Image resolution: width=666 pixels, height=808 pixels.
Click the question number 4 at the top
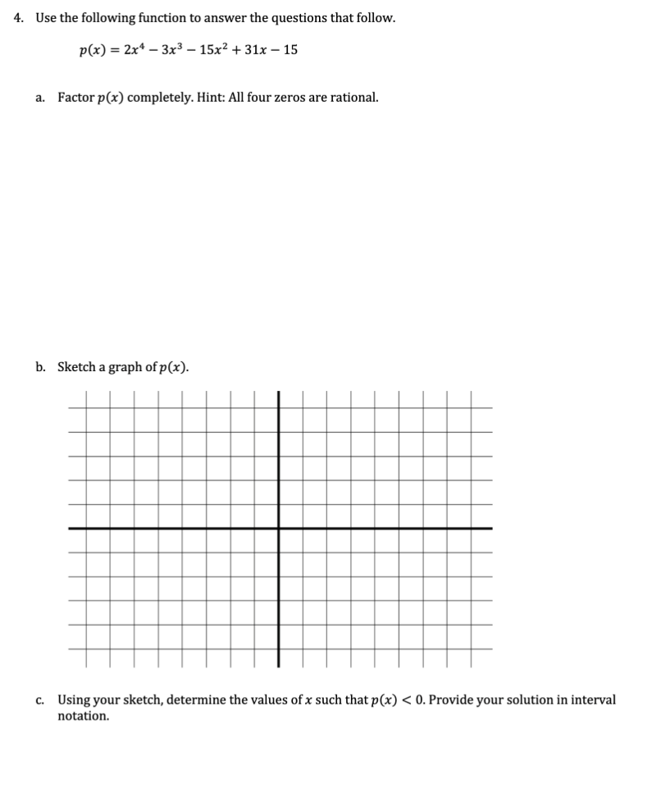tap(20, 18)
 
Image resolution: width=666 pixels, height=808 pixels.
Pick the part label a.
tap(40, 98)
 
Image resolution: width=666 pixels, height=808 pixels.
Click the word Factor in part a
tap(75, 98)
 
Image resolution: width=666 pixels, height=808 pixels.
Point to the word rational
tap(353, 98)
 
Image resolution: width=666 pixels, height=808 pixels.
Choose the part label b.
tap(40, 367)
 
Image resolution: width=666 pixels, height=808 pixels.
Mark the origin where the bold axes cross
tap(279, 528)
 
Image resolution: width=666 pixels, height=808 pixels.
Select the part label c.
tap(40, 700)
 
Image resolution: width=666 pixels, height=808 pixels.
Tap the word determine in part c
tap(194, 700)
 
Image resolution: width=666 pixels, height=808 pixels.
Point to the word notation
tap(83, 716)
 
